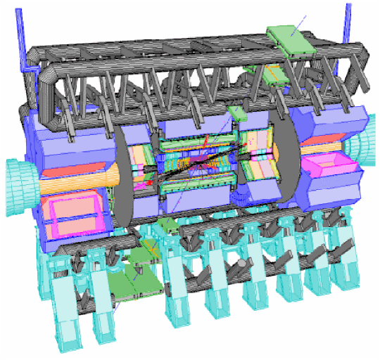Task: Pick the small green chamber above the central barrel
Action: (236, 113)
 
